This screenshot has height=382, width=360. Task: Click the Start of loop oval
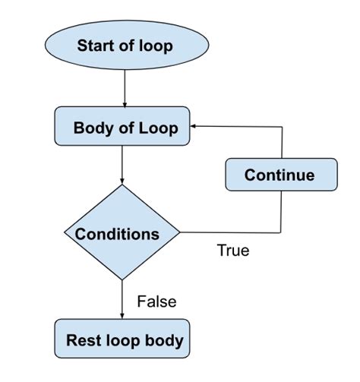(124, 45)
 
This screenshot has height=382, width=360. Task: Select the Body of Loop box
(124, 127)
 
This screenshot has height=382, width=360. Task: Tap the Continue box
(280, 175)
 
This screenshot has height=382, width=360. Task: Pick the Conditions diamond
(122, 232)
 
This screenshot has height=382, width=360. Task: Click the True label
(232, 250)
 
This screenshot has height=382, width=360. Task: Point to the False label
(156, 301)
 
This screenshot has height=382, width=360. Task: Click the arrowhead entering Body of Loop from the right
(194, 127)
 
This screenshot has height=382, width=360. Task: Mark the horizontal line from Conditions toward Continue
(228, 232)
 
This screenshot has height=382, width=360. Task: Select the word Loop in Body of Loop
(159, 128)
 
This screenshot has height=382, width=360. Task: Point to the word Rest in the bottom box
(83, 339)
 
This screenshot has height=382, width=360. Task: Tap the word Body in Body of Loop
(90, 128)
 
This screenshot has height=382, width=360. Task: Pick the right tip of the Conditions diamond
(179, 232)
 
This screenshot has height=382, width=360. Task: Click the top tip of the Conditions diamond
(122, 185)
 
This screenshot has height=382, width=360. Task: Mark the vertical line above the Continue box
(283, 142)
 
